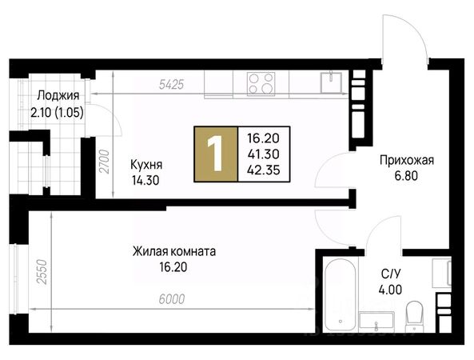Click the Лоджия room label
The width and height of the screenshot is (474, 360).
[58, 96]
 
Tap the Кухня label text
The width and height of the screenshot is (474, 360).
[146, 165]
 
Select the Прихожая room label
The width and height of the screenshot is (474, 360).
[407, 160]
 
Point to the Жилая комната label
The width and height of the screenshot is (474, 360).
[174, 251]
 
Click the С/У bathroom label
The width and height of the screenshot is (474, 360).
[391, 274]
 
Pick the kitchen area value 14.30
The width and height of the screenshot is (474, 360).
[145, 180]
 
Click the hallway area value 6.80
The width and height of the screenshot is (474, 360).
[406, 176]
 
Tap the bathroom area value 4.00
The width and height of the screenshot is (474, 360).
[390, 290]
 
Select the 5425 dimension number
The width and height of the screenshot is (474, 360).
[171, 85]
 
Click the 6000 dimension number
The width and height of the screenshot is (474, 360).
[171, 299]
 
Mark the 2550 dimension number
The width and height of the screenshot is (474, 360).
[42, 272]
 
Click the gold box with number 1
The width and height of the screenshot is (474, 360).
[216, 154]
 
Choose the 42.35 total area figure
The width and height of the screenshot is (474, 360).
[264, 170]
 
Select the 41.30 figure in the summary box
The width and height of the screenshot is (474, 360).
[264, 154]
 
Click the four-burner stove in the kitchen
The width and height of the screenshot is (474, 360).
[261, 84]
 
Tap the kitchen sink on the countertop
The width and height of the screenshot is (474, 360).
[331, 82]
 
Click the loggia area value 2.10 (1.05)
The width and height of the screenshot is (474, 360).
[57, 113]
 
